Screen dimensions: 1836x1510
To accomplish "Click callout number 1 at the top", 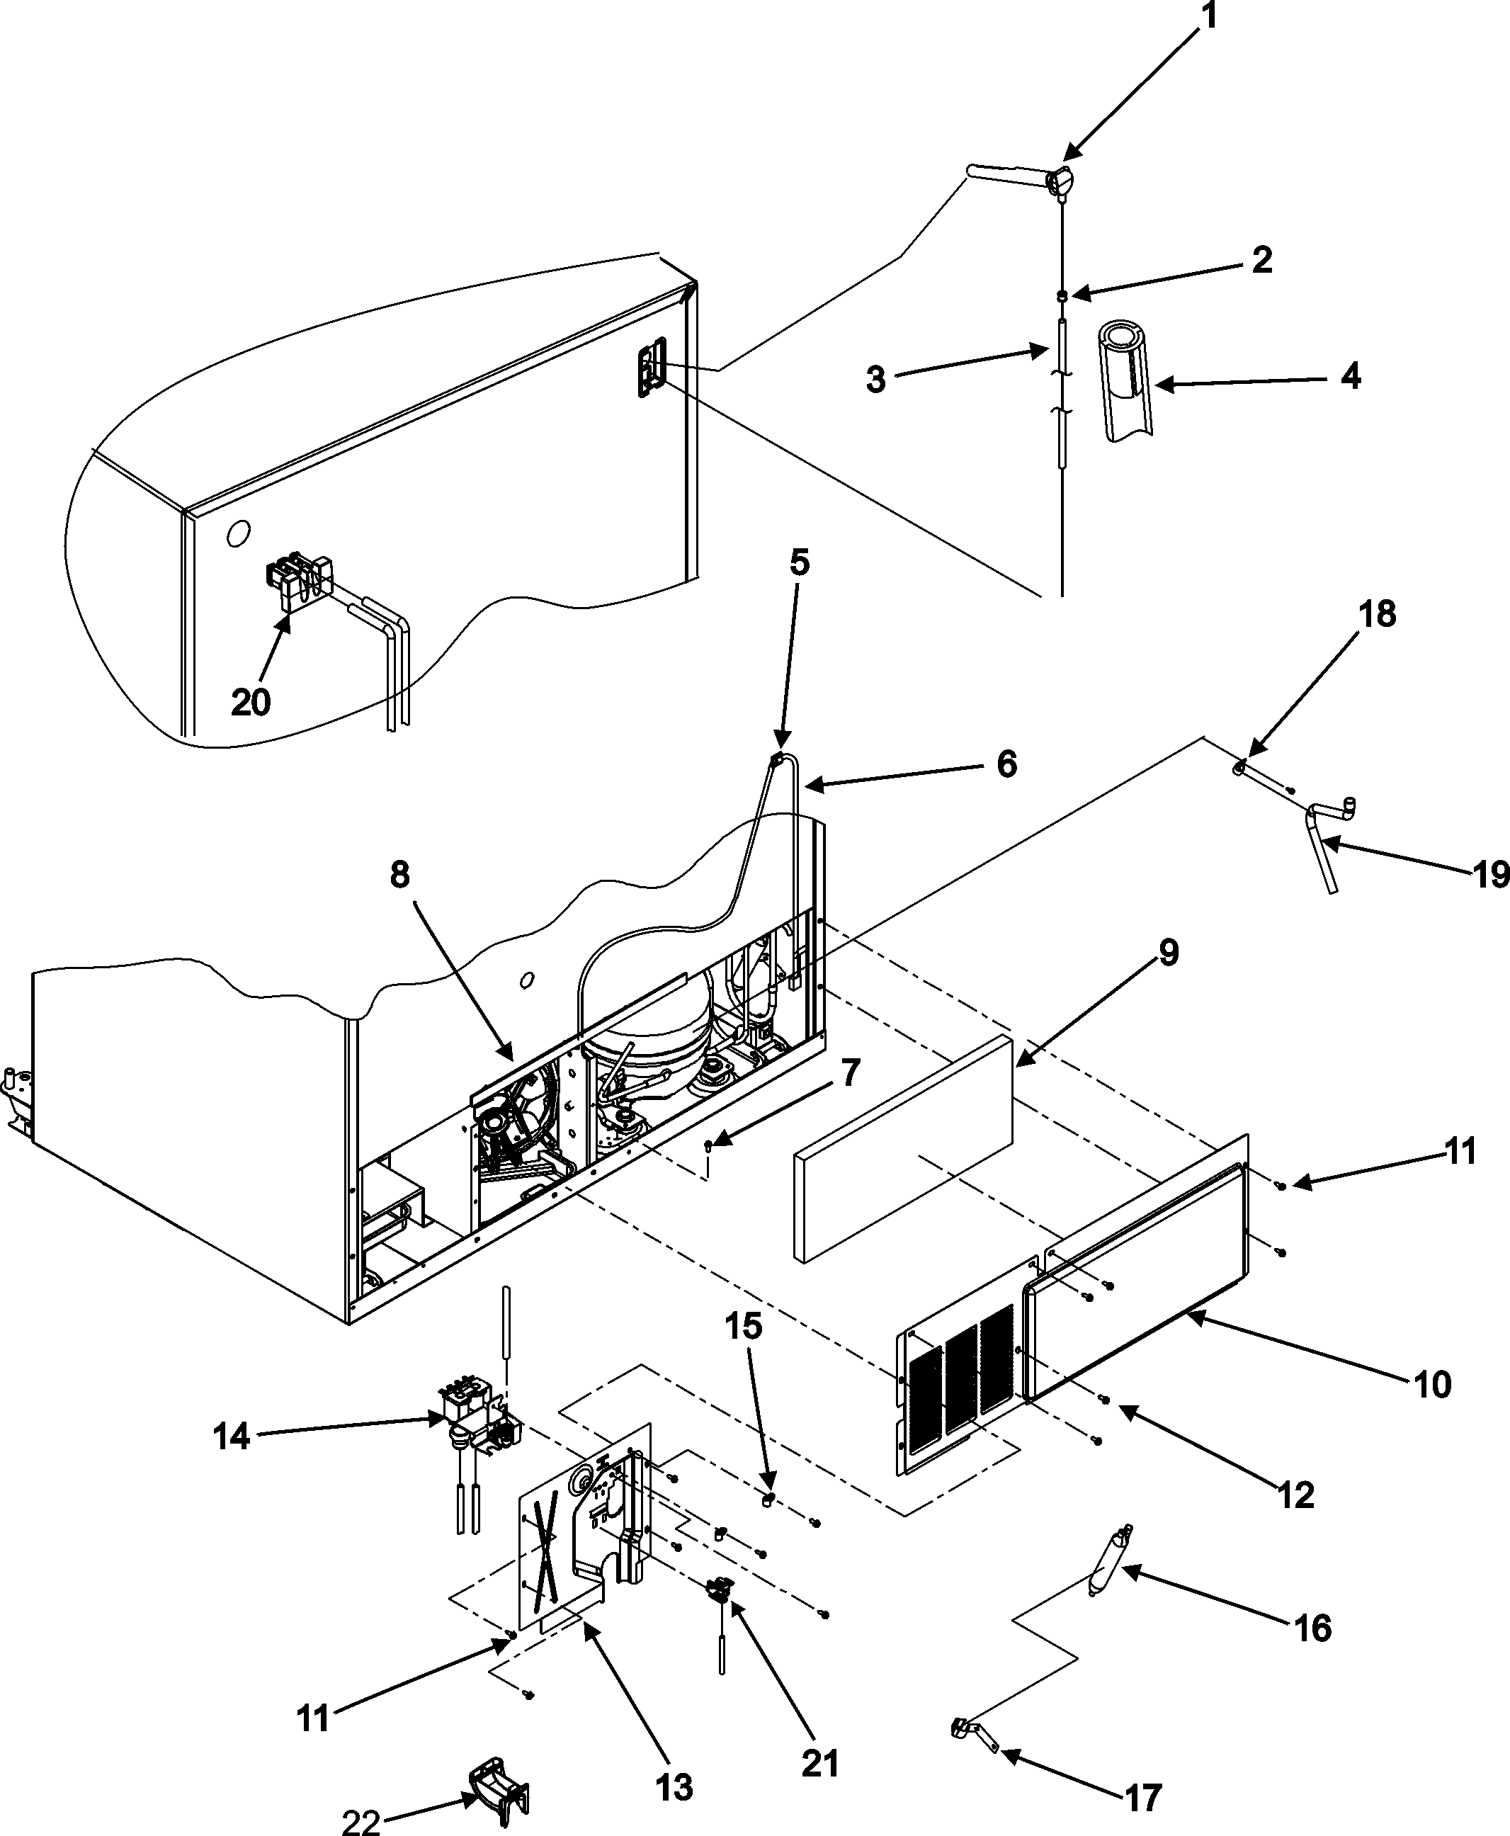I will (x=1209, y=19).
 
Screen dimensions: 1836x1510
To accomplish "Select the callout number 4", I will (x=1350, y=375).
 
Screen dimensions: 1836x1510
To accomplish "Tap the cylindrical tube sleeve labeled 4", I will (x=1128, y=380).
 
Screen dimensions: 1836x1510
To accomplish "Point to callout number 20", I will (x=251, y=702).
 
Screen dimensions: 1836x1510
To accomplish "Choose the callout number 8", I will (x=399, y=875).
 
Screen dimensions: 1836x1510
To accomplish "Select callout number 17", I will (x=1143, y=1797).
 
